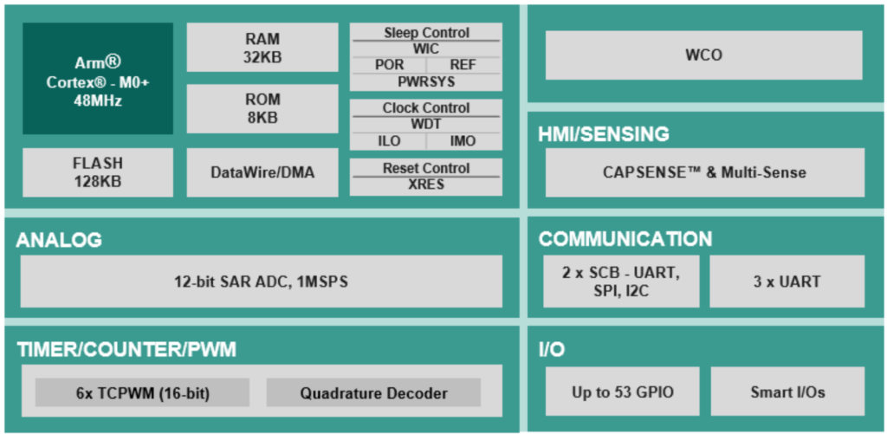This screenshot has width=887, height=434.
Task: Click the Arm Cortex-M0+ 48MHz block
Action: click(x=98, y=79)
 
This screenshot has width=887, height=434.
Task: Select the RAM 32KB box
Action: click(x=262, y=48)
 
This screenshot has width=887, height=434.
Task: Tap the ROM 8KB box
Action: click(x=262, y=108)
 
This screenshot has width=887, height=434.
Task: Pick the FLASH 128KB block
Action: click(x=98, y=172)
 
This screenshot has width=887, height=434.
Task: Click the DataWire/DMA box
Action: click(x=262, y=172)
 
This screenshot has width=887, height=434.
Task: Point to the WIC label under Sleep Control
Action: click(x=426, y=49)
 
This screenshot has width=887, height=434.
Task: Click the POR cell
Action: click(x=389, y=65)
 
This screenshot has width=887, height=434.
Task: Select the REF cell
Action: click(x=463, y=65)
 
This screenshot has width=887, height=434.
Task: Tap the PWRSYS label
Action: click(x=426, y=81)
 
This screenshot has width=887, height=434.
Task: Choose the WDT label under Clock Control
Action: click(x=426, y=124)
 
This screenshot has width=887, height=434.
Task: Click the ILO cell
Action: click(x=389, y=141)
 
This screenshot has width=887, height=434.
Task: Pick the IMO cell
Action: click(x=463, y=141)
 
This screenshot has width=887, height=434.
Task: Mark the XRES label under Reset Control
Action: click(x=426, y=185)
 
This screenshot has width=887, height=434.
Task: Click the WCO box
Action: click(x=703, y=55)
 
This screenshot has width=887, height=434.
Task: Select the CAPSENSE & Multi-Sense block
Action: click(x=705, y=172)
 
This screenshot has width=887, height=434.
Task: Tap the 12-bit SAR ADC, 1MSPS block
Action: click(x=262, y=282)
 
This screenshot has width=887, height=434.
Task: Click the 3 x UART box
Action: click(x=787, y=282)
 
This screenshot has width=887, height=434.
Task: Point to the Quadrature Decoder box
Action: click(x=373, y=392)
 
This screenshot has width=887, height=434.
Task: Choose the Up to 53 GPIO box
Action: click(x=622, y=391)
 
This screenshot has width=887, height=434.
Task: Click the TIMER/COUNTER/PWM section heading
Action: click(x=126, y=350)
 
